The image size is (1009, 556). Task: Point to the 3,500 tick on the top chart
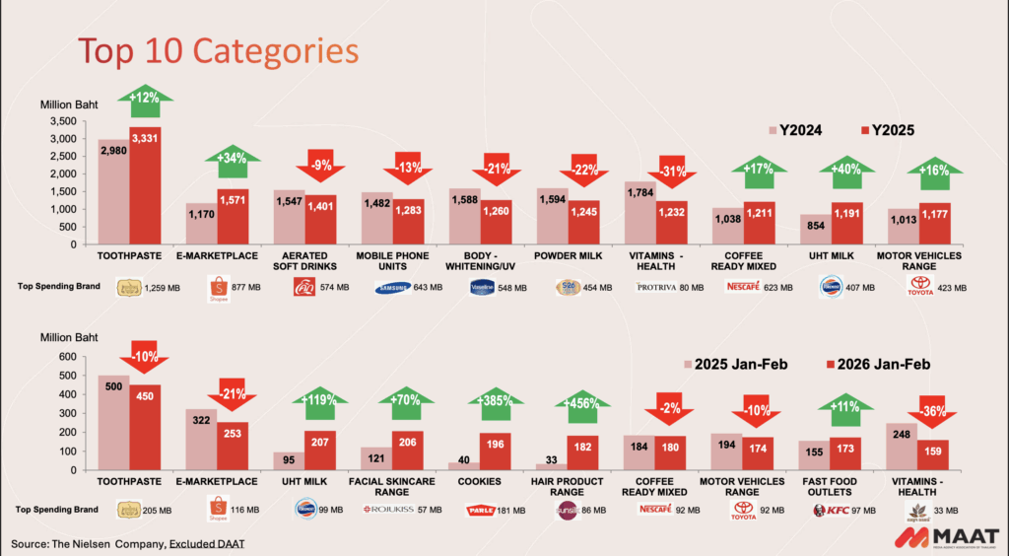coord(62,121)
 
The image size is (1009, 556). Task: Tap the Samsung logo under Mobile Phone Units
coord(394,287)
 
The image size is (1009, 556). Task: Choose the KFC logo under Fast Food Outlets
coord(834,510)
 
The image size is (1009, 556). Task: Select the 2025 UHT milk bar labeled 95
coord(288,460)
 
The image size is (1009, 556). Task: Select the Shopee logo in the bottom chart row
coord(217,511)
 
